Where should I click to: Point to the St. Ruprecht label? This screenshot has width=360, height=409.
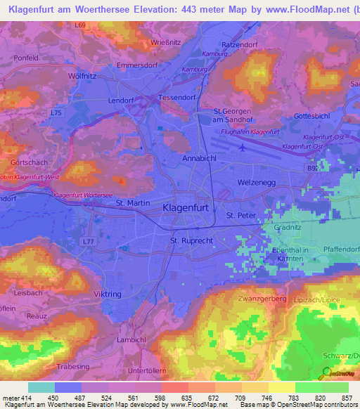(192, 241)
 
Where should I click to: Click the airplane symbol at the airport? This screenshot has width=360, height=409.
(243, 148)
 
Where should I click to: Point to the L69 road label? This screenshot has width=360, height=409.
(81, 25)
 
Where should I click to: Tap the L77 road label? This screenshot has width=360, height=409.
(88, 241)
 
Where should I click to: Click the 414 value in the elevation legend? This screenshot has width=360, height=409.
(25, 396)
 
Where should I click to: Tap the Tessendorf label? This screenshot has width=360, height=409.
(177, 98)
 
